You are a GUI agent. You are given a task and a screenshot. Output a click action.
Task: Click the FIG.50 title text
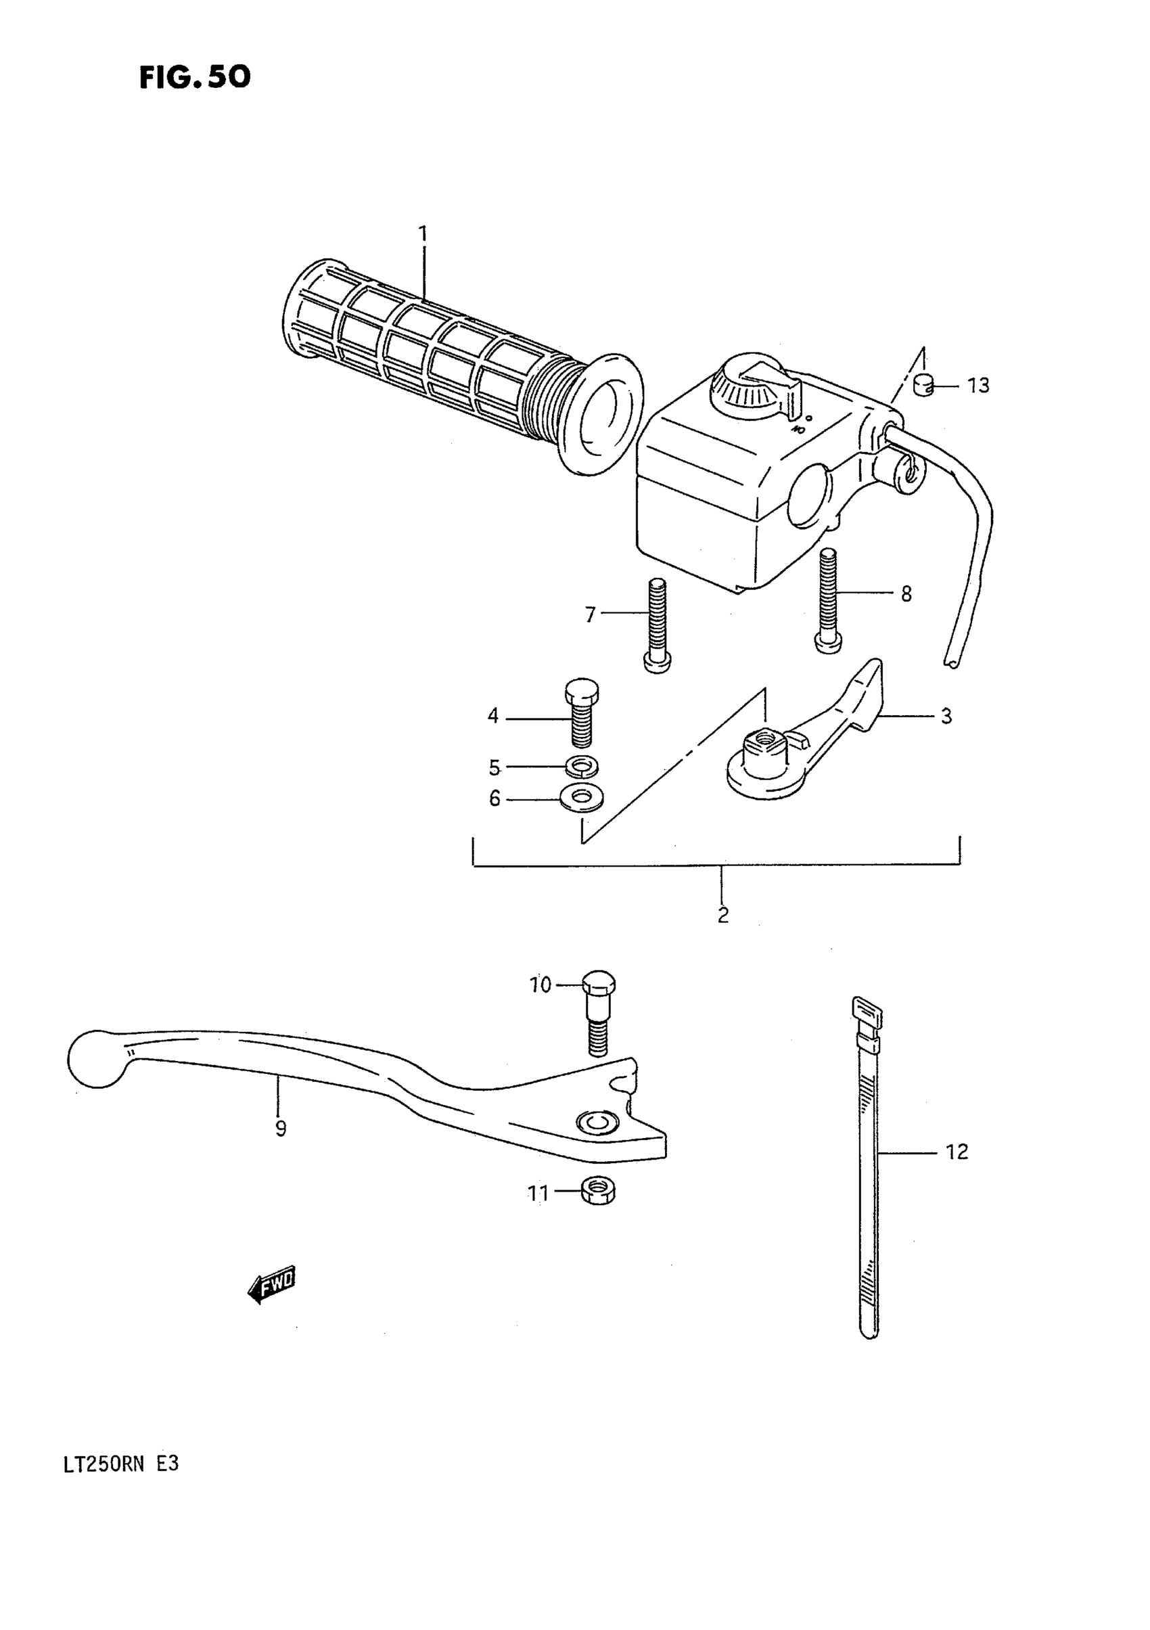pyautogui.click(x=195, y=77)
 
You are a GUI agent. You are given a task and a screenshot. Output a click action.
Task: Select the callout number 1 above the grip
pyautogui.click(x=423, y=233)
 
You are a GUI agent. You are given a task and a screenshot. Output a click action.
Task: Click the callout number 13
pyautogui.click(x=978, y=386)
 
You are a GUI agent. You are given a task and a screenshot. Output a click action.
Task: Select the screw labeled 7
pyautogui.click(x=656, y=625)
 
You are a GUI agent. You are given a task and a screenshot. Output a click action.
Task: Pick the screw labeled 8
pyautogui.click(x=829, y=600)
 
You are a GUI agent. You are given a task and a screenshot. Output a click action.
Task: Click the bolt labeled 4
pyautogui.click(x=581, y=712)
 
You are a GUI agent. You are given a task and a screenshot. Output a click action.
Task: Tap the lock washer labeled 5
pyautogui.click(x=582, y=767)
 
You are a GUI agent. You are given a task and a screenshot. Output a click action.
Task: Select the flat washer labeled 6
pyautogui.click(x=580, y=798)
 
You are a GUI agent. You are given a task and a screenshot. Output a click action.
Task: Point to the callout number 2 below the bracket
pyautogui.click(x=722, y=915)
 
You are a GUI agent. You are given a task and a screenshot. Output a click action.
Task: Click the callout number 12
pyautogui.click(x=957, y=1152)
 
